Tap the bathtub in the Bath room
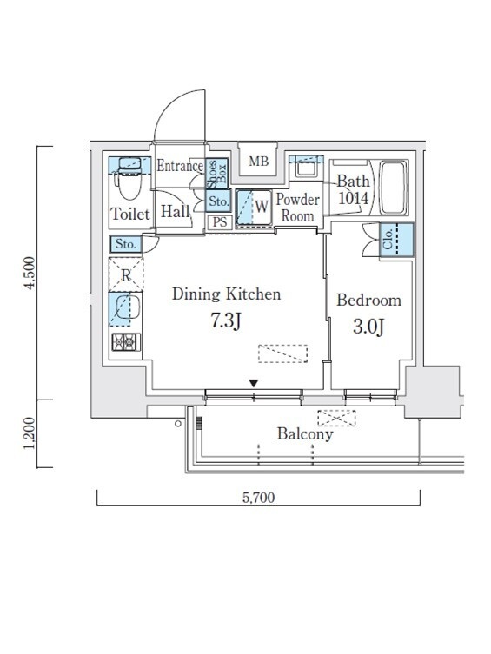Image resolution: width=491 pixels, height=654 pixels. coord(393,188)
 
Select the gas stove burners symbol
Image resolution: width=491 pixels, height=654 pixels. coord(126,342)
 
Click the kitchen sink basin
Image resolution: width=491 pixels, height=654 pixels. coord(126,307)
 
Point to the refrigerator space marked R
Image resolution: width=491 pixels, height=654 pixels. coord(126,274)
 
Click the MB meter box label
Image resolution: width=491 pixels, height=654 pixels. coord(258,161)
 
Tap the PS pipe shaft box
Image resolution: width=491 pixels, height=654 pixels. coord(220,221)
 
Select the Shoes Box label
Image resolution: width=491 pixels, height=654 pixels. coord(217,173)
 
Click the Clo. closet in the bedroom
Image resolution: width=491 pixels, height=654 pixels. coord(396,240)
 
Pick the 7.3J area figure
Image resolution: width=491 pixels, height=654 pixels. coord(226,321)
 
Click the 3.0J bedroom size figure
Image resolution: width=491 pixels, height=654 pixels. coord(368,327)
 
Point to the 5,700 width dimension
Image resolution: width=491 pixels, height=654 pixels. coord(258,497)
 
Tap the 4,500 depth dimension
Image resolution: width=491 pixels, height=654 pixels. coord(30,274)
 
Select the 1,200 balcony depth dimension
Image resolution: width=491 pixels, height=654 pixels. coord(30,433)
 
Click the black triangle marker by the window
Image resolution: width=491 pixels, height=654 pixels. coord(254,383)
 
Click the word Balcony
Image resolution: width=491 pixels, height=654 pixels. coord(305,434)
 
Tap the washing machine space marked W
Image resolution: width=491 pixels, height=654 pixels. coord(253,208)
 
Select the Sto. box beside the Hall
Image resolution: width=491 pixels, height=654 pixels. coord(219,201)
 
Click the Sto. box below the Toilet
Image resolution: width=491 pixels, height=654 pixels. coord(126,244)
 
